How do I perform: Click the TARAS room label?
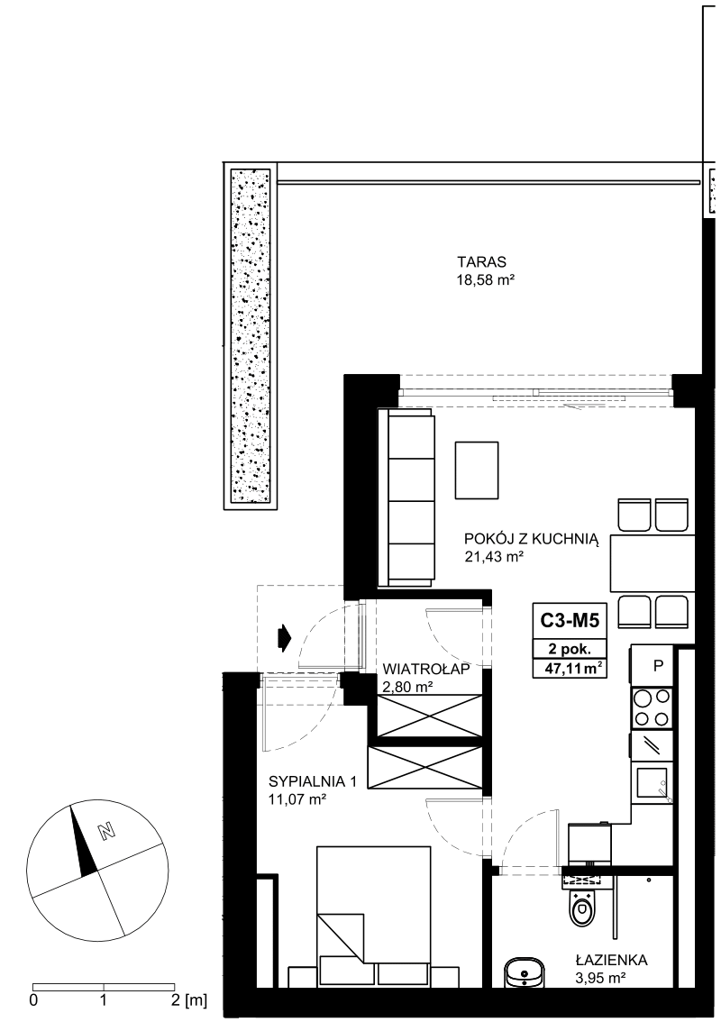tap(482, 261)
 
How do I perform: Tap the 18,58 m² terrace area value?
tap(485, 280)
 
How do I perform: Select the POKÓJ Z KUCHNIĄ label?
tap(532, 539)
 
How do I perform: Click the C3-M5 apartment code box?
tap(570, 620)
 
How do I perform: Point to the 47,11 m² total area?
tap(570, 669)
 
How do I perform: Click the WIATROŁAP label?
tap(426, 670)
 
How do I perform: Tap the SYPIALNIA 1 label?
tap(312, 781)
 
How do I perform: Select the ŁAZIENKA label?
tap(611, 960)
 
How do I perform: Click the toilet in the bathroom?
tap(580, 906)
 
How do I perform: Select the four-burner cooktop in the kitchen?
tap(652, 707)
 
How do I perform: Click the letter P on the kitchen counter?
tap(658, 666)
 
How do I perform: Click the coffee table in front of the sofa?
tap(477, 470)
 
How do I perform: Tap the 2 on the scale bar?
tap(175, 1000)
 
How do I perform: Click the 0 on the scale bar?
tap(33, 1000)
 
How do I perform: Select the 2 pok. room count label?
tap(570, 648)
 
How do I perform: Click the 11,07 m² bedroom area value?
tap(297, 799)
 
